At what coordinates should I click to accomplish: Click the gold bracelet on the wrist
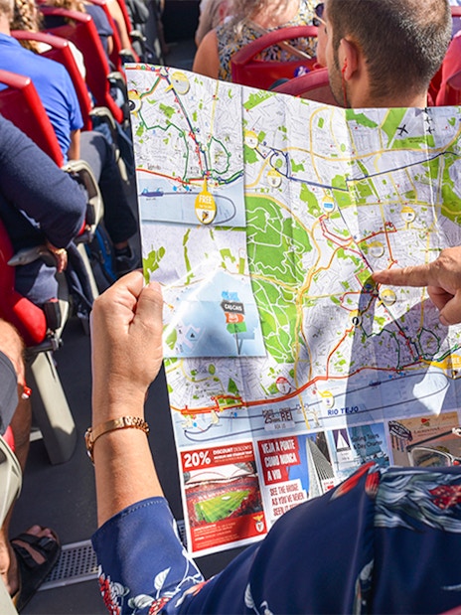point(116,428)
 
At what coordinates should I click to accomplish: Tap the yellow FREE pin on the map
point(205,206)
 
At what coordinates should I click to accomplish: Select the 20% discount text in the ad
point(196,458)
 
